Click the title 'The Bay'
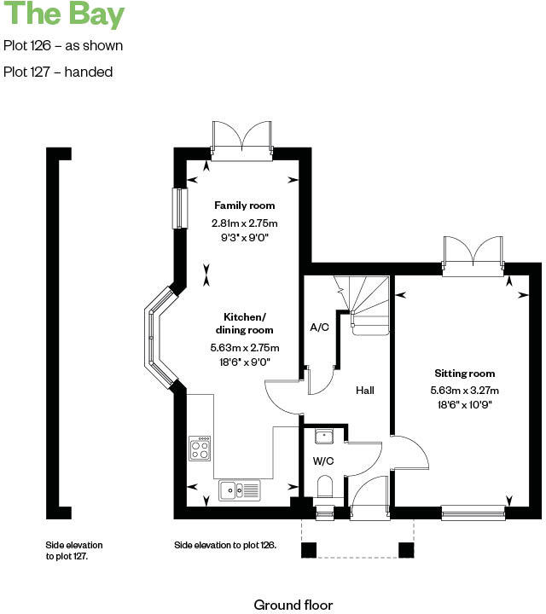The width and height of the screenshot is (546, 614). coord(63,16)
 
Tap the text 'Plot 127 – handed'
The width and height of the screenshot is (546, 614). coord(58,72)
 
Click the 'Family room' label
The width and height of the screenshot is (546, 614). coord(244,206)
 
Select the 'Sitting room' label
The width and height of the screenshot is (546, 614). coord(464,374)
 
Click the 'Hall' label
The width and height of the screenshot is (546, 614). coord(365,391)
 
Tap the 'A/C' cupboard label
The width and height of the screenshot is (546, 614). coord(320,327)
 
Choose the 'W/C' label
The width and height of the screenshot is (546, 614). coord(323,461)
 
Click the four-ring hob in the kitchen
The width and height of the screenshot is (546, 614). coord(200,449)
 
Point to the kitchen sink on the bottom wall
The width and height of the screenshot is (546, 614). coord(241,490)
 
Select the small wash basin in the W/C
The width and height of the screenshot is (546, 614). coord(324,437)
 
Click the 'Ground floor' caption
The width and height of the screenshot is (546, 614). coord(293,605)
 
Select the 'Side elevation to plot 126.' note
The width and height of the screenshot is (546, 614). coord(225,544)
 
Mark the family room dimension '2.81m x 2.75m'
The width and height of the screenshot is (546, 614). coord(245,223)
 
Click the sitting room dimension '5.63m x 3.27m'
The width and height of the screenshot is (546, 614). coord(465,390)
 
